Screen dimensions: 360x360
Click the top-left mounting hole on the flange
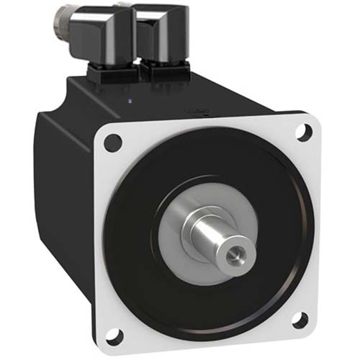112,143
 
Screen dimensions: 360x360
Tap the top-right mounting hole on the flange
304,132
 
